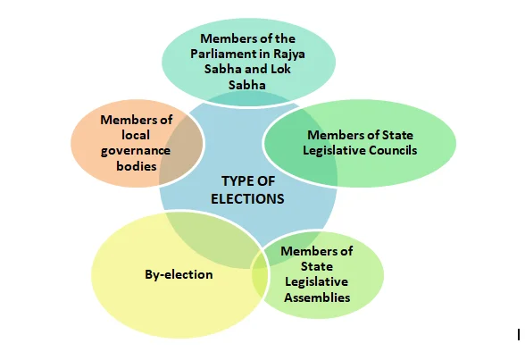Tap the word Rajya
[289, 54]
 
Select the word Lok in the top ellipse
[280, 69]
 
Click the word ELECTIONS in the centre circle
[247, 199]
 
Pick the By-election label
[179, 274]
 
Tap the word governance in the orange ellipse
[136, 151]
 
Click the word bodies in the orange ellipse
[137, 166]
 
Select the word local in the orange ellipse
[136, 135]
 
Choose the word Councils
[393, 150]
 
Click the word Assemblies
[317, 297]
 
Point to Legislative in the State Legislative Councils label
[335, 150]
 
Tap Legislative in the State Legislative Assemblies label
[316, 282]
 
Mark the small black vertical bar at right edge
[519, 335]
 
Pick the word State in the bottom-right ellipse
[317, 266]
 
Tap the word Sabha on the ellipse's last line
[247, 85]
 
